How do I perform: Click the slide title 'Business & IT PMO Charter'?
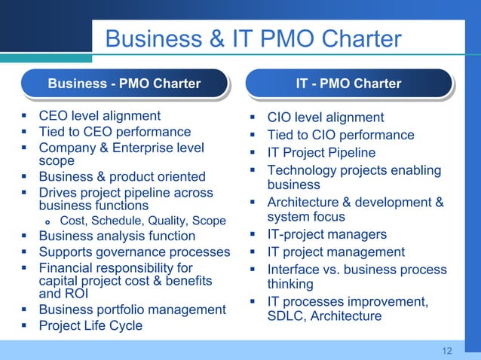point(253,39)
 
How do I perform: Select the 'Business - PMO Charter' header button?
point(124,84)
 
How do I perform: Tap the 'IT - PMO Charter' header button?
point(349,84)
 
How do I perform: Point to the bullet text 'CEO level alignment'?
point(100,116)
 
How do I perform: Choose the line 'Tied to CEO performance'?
point(115,132)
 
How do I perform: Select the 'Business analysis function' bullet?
point(117,236)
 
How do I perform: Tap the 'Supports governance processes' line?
point(134,252)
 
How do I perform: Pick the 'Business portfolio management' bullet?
point(132,310)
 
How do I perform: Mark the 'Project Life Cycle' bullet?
point(90,325)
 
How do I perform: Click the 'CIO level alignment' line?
point(326,117)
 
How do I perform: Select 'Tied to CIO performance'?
point(341,136)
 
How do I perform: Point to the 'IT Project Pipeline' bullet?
point(321,153)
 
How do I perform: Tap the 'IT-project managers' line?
point(327,235)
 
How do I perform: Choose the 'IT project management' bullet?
point(336,252)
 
